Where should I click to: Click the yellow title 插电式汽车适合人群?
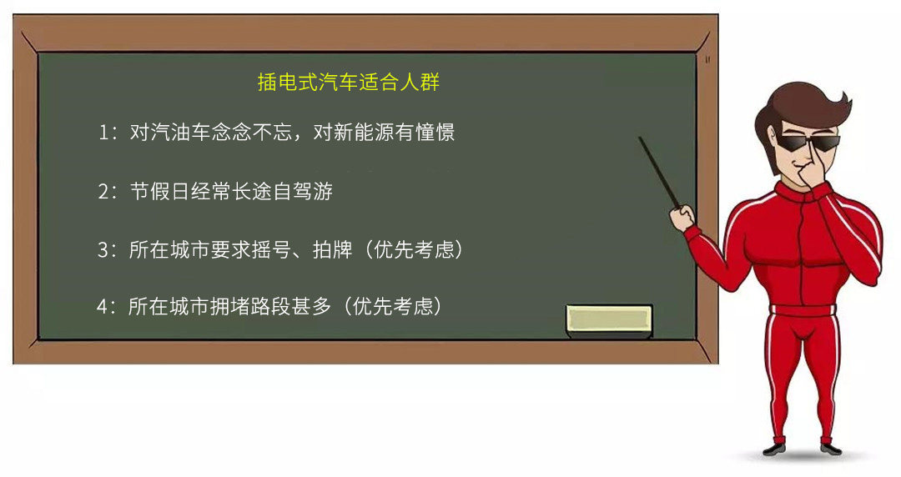coord(348,82)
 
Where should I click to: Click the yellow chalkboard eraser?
coord(609,321)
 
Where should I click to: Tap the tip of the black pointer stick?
coord(640,138)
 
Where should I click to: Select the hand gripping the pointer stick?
coord(682,218)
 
